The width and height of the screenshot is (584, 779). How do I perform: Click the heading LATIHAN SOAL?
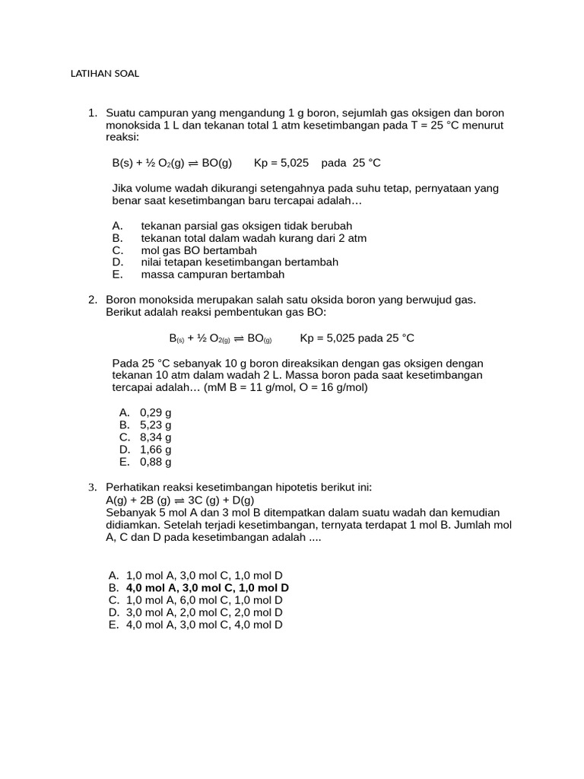click(x=105, y=74)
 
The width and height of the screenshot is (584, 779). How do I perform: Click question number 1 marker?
click(x=92, y=113)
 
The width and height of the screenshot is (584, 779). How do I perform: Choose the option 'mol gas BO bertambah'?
click(x=198, y=250)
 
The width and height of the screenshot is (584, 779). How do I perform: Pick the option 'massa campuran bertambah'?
click(x=212, y=275)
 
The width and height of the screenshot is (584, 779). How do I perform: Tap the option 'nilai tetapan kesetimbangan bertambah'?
click(x=240, y=262)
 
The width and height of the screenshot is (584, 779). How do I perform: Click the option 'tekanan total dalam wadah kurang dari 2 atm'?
click(x=253, y=238)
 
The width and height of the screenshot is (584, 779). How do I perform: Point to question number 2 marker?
click(x=92, y=300)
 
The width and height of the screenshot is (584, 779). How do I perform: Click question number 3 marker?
click(x=92, y=487)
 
